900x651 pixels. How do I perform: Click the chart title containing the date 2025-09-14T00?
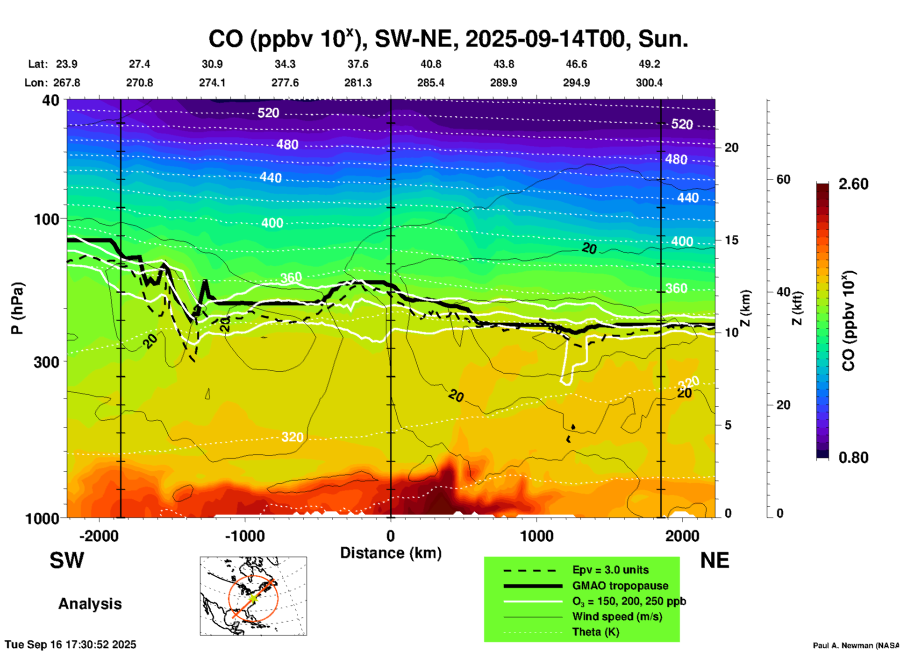[448, 39]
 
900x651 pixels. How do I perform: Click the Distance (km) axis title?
[391, 553]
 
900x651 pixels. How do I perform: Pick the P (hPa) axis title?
[17, 308]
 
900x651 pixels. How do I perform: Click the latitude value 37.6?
[358, 64]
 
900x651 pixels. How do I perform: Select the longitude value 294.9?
[576, 83]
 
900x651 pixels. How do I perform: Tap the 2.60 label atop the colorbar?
[853, 184]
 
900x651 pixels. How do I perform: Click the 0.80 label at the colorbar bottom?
[853, 457]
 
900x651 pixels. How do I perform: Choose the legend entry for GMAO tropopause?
[620, 586]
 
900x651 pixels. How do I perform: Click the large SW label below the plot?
[67, 560]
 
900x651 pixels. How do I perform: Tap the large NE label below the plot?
[714, 560]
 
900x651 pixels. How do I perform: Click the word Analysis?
[90, 604]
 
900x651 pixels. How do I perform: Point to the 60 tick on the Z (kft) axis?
[783, 179]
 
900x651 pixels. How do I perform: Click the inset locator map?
[253, 596]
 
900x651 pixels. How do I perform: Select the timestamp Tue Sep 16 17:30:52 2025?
[71, 644]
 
